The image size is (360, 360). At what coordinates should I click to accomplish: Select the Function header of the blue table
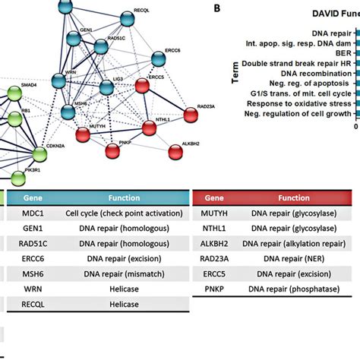[x=123, y=196]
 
